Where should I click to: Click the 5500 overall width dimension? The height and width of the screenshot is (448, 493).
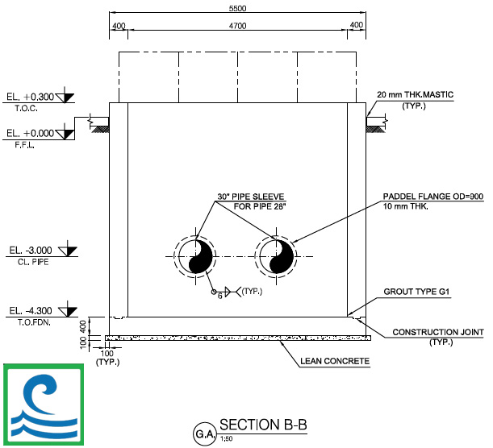pyautogui.click(x=237, y=9)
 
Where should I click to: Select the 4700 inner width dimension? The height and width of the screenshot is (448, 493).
pyautogui.click(x=237, y=26)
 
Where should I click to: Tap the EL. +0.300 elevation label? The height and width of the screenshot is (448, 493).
pyautogui.click(x=30, y=97)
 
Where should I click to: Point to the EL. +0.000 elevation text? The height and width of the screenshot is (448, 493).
pyautogui.click(x=30, y=133)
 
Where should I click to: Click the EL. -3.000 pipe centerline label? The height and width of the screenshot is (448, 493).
pyautogui.click(x=31, y=251)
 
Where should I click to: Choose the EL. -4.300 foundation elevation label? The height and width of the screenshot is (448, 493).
pyautogui.click(x=31, y=311)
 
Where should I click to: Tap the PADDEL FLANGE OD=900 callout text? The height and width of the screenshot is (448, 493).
pyautogui.click(x=433, y=197)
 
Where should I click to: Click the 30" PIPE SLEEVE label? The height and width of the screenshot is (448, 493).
pyautogui.click(x=251, y=197)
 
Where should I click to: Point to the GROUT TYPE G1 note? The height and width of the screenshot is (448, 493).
pyautogui.click(x=416, y=292)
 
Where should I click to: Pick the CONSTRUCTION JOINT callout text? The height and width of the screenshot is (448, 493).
pyautogui.click(x=438, y=332)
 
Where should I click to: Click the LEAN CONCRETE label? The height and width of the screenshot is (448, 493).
pyautogui.click(x=335, y=361)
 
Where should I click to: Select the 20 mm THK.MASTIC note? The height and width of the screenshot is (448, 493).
pyautogui.click(x=415, y=94)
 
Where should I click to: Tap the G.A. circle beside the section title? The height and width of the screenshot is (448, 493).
pyautogui.click(x=205, y=434)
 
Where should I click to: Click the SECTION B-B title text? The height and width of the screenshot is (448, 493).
pyautogui.click(x=263, y=425)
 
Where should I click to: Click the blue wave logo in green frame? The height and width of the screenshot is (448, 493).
pyautogui.click(x=44, y=404)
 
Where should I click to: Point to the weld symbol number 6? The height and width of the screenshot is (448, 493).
pyautogui.click(x=219, y=296)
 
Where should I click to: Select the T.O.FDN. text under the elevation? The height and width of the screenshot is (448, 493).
pyautogui.click(x=34, y=322)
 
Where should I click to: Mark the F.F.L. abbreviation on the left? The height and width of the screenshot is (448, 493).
pyautogui.click(x=24, y=145)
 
